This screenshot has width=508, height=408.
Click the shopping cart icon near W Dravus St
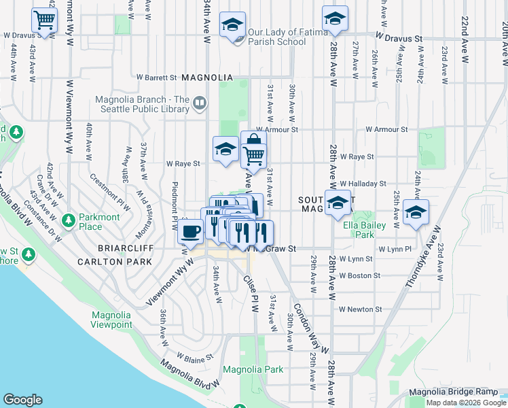point(45,21)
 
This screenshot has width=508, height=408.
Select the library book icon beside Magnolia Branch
point(200,103)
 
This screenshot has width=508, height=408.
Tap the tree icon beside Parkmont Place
point(68,220)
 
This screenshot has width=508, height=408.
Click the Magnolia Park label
point(253,370)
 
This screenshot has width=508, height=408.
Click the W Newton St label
point(361,309)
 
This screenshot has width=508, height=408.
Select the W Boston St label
point(360,275)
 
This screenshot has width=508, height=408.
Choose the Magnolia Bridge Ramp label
point(453,392)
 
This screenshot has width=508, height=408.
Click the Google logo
point(22,400)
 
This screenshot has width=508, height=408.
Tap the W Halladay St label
point(363,184)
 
